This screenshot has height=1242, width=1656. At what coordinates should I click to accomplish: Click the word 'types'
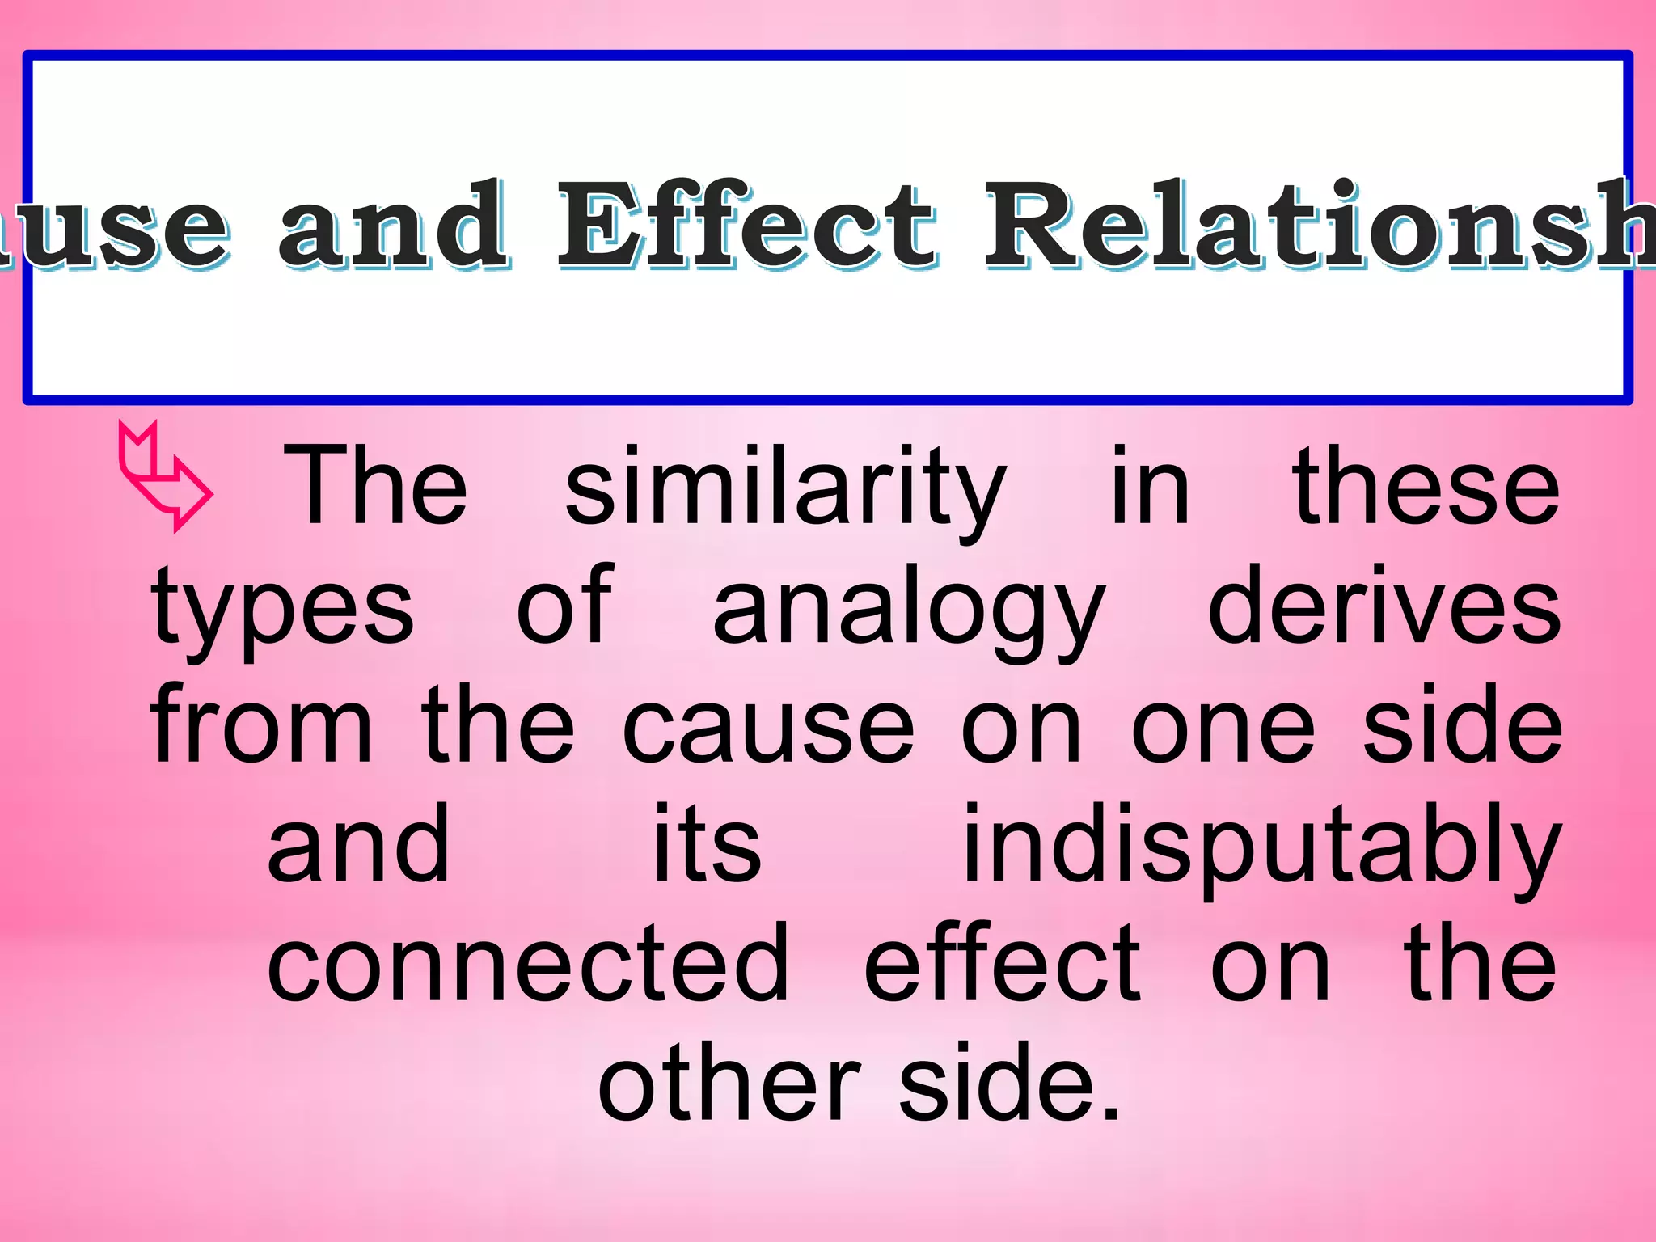pyautogui.click(x=282, y=610)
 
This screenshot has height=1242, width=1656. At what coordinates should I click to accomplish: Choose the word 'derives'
pyautogui.click(x=1384, y=606)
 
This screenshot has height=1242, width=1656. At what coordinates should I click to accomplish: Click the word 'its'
pyautogui.click(x=707, y=845)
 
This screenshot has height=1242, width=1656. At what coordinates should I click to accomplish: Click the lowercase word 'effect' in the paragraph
pyautogui.click(x=1002, y=962)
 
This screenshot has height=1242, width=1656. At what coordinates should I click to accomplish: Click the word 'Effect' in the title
pyautogui.click(x=747, y=224)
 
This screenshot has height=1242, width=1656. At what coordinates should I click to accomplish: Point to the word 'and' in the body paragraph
pyautogui.click(x=358, y=845)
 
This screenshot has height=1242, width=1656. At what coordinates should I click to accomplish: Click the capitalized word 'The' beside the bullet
pyautogui.click(x=375, y=485)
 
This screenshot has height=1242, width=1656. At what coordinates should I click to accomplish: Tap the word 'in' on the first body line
pyautogui.click(x=1150, y=485)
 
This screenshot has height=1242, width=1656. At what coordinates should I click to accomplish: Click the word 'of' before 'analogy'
pyautogui.click(x=565, y=606)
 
